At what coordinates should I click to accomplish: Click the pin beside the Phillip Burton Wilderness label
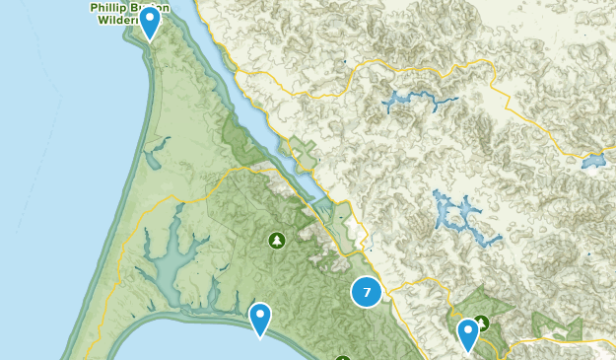(150, 21)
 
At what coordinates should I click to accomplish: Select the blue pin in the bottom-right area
(468, 334)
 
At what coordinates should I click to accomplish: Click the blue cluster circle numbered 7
(367, 292)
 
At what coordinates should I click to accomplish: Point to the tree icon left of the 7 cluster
(277, 240)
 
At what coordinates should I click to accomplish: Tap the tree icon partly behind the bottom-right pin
(482, 323)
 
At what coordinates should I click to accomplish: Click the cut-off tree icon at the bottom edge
(342, 356)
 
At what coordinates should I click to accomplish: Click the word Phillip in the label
(109, 7)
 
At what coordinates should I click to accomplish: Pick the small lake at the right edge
(593, 161)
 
